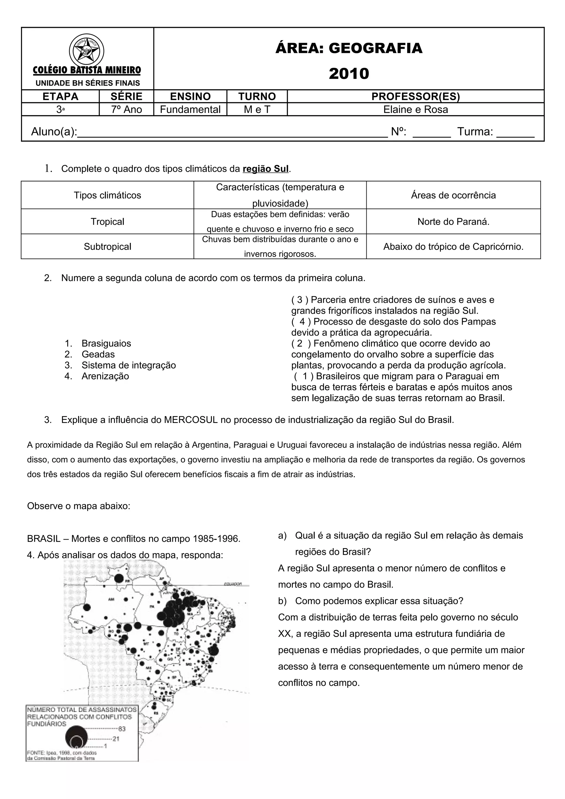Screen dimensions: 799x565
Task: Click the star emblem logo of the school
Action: (86, 51)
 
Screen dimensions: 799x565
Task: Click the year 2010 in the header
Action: (349, 74)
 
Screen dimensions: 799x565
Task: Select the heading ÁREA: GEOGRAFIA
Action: (349, 48)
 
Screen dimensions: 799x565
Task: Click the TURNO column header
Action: (257, 96)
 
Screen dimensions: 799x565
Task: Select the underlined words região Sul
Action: (266, 169)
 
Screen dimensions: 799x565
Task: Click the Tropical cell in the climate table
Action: (107, 222)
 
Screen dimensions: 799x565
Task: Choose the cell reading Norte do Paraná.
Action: (453, 222)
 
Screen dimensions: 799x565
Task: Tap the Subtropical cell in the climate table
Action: (107, 247)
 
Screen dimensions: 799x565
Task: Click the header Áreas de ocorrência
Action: (453, 195)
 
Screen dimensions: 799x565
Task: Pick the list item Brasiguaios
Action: (106, 344)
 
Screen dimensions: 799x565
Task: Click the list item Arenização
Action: (105, 376)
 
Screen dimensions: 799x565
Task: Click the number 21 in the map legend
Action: (116, 738)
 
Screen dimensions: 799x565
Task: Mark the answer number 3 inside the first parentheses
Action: (299, 300)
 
